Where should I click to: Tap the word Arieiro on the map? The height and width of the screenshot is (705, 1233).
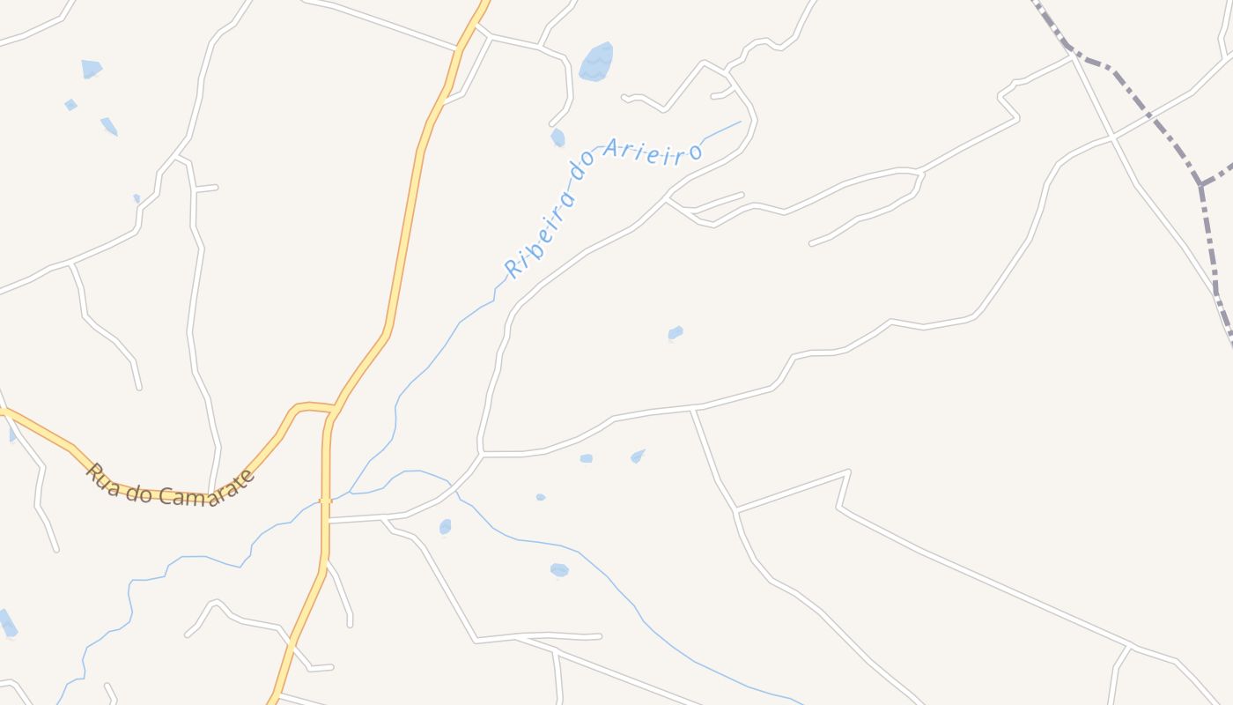click(x=653, y=151)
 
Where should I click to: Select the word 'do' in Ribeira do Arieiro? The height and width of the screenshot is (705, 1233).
click(x=584, y=172)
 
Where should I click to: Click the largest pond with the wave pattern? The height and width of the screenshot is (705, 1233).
click(x=596, y=62)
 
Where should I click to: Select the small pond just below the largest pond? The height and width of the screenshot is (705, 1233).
click(x=557, y=137)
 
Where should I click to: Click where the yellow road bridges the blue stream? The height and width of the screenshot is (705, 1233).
click(x=325, y=501)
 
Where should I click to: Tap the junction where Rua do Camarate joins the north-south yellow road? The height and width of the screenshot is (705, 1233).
click(x=335, y=409)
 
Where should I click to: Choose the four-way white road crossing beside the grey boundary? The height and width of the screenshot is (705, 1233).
click(x=1112, y=137)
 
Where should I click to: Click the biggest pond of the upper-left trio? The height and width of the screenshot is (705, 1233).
click(x=91, y=69)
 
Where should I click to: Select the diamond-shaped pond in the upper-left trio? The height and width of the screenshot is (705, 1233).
click(x=70, y=105)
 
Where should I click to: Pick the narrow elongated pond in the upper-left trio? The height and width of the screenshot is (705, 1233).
click(x=108, y=126)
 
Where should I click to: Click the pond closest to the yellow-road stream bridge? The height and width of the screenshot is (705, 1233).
click(x=445, y=527)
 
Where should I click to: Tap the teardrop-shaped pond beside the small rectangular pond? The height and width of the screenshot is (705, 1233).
click(x=638, y=456)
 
